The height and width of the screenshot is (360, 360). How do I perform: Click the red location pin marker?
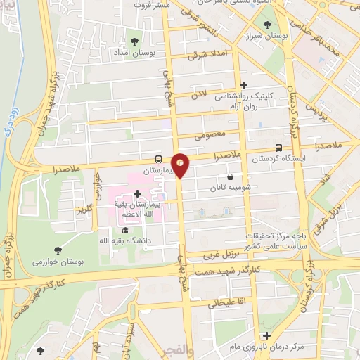point(181,165)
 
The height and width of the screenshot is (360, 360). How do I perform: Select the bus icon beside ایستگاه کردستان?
point(279,148)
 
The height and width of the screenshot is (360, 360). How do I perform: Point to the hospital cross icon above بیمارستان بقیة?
point(137,193)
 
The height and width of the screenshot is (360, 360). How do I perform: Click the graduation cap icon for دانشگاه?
point(125,230)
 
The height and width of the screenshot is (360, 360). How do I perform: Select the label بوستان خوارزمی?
point(58,262)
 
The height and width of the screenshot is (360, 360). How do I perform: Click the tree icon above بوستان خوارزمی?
point(58,250)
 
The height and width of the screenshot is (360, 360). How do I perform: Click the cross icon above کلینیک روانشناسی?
point(244,85)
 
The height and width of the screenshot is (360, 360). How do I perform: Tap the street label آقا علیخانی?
point(224,304)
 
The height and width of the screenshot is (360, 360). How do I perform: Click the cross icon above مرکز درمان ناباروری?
point(266,336)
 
